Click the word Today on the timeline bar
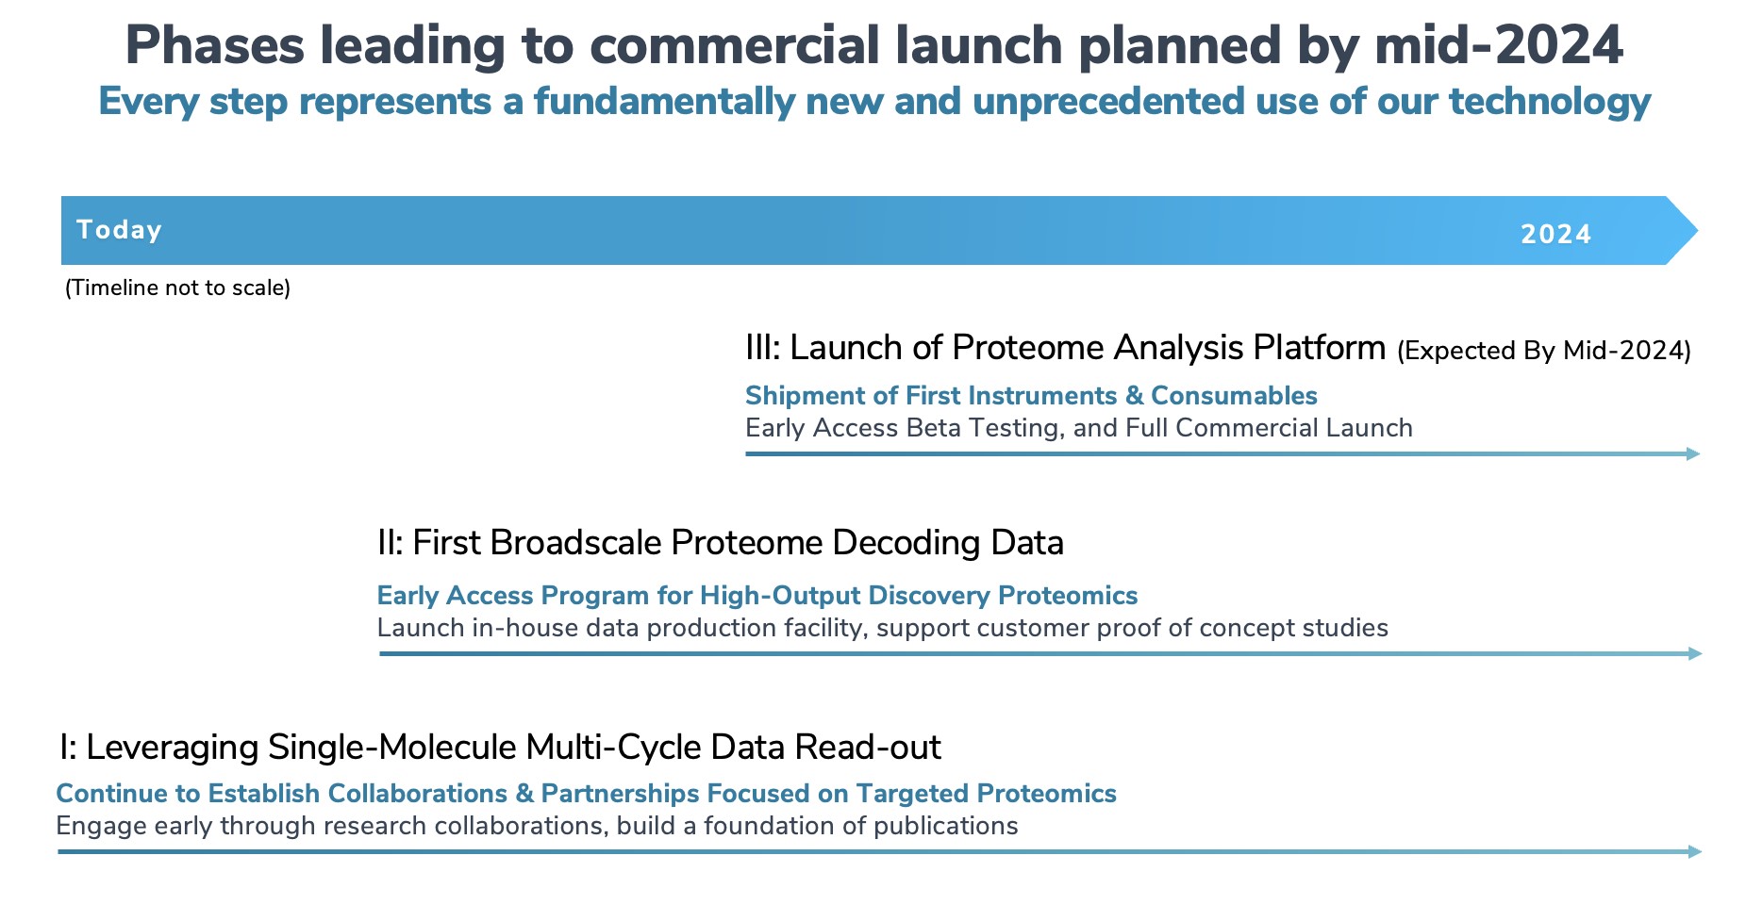pyautogui.click(x=119, y=230)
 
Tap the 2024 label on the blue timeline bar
pyautogui.click(x=1555, y=234)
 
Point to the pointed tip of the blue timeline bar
pyautogui.click(x=1697, y=230)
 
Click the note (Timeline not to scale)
pyautogui.click(x=177, y=288)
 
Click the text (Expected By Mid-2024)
pyautogui.click(x=1544, y=351)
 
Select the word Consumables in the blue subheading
pyautogui.click(x=1234, y=396)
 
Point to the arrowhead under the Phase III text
pyautogui.click(x=1693, y=454)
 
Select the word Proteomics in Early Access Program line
pyautogui.click(x=1068, y=596)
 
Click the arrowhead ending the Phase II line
pyautogui.click(x=1695, y=654)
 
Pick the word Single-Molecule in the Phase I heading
pyautogui.click(x=391, y=748)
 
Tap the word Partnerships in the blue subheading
pyautogui.click(x=623, y=794)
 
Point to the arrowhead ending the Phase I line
pyautogui.click(x=1695, y=852)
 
